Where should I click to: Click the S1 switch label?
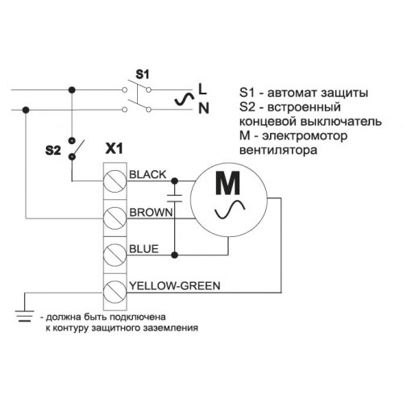142,74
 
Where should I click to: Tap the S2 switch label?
53,151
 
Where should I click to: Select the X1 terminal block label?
114,148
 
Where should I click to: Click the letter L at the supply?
202,89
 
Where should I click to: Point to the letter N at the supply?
204,109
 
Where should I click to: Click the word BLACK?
147,175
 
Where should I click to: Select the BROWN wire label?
151,212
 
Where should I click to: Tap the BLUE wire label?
144,249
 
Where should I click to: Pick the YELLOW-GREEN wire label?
175,285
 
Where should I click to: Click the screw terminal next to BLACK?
114,181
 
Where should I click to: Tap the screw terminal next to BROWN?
114,218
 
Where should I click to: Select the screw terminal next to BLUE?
114,255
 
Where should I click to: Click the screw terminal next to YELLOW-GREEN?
114,292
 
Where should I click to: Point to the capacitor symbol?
175,198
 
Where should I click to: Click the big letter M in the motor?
228,183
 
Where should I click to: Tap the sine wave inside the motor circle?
230,210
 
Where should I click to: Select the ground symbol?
25,316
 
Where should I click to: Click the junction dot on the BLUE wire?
175,255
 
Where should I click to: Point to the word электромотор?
305,135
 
